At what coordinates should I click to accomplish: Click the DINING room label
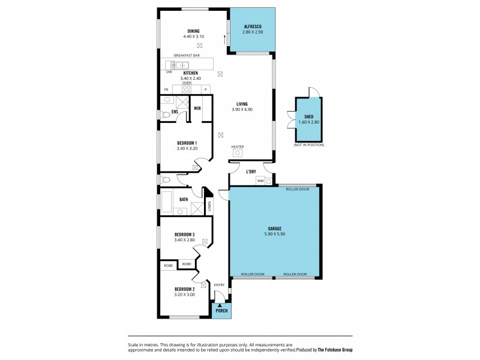pyautogui.click(x=193, y=31)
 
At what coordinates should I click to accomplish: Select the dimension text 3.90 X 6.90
pyautogui.click(x=242, y=110)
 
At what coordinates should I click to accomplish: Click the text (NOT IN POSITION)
pyautogui.click(x=309, y=145)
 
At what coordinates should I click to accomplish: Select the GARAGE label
pyautogui.click(x=275, y=228)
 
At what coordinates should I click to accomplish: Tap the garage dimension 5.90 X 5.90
pyautogui.click(x=275, y=234)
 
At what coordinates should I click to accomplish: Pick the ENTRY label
pyautogui.click(x=219, y=285)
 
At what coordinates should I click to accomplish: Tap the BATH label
pyautogui.click(x=184, y=200)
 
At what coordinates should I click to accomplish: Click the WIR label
pyautogui.click(x=197, y=109)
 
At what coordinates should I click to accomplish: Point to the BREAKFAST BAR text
pyautogui.click(x=187, y=55)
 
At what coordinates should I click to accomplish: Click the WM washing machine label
pyautogui.click(x=260, y=180)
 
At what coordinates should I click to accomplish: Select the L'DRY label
pyautogui.click(x=251, y=172)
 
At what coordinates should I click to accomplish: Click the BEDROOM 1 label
pyautogui.click(x=188, y=143)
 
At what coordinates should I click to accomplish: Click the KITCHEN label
pyautogui.click(x=190, y=73)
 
